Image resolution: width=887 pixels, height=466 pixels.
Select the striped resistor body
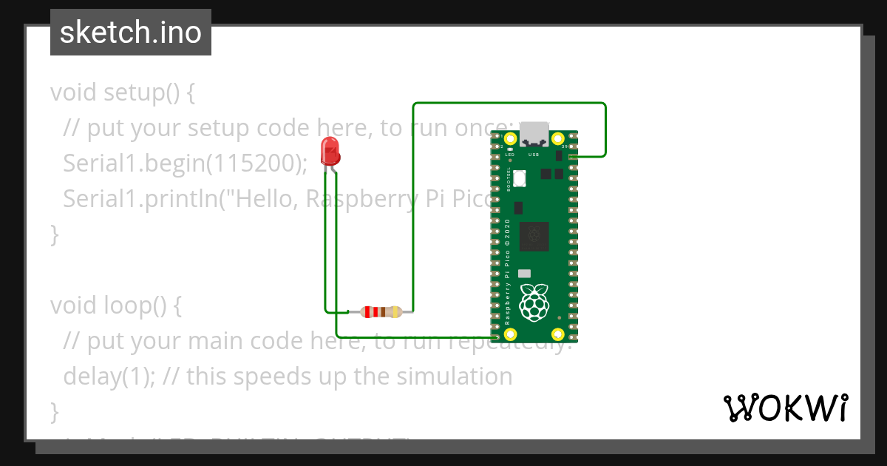(x=381, y=311)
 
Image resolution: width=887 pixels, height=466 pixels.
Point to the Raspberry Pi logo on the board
(x=534, y=303)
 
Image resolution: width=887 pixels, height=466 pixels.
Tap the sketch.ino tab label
(x=131, y=33)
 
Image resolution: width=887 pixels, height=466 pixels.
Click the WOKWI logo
(x=785, y=408)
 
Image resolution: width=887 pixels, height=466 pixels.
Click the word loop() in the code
(x=141, y=305)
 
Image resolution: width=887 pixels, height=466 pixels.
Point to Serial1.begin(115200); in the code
(x=185, y=163)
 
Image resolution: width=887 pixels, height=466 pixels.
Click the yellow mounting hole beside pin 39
(x=557, y=139)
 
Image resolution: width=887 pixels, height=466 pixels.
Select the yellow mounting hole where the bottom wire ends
(x=510, y=335)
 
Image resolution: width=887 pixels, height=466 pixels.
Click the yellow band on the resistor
(x=395, y=311)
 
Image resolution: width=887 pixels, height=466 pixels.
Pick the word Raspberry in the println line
(x=358, y=199)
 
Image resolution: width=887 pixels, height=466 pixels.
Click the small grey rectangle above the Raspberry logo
(x=525, y=273)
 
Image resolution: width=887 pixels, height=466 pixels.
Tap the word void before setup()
(x=74, y=93)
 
